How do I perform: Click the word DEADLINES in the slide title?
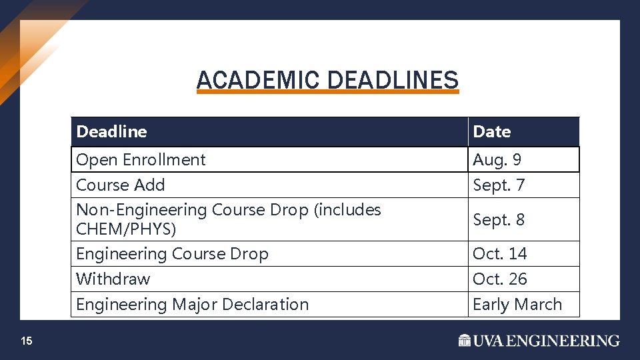393,81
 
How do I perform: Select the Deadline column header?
112,132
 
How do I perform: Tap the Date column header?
492,132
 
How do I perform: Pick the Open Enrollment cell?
141,160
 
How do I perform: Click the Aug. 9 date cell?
497,160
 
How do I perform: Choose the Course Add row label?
121,185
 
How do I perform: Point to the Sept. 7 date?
499,185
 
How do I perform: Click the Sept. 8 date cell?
499,219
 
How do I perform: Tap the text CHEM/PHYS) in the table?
127,229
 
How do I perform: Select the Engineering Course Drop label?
172,254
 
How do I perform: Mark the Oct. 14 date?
500,254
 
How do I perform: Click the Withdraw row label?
113,279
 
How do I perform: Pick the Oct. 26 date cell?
500,279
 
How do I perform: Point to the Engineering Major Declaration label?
193,305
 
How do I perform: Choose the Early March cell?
517,305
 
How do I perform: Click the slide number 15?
26,341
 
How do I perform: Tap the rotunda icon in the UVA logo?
465,341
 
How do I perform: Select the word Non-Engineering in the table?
142,210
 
